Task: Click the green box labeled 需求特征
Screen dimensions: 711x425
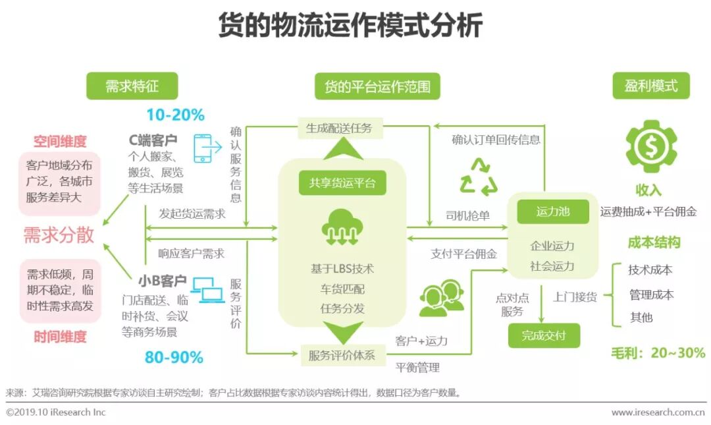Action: point(132,86)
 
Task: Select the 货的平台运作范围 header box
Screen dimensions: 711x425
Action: point(377,86)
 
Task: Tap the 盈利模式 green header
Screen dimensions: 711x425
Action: point(650,86)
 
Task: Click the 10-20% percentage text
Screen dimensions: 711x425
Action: point(175,115)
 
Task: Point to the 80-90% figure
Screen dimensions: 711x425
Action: point(174,358)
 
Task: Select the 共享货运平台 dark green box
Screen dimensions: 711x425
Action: point(342,183)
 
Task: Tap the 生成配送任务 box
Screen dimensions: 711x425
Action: point(339,128)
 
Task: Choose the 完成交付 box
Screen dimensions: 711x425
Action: point(543,335)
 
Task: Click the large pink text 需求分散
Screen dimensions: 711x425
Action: point(59,235)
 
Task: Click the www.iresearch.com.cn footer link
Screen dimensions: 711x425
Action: point(658,412)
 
